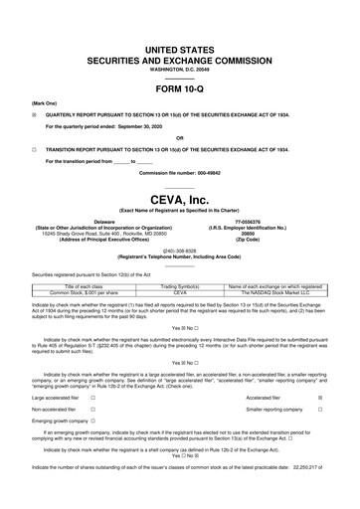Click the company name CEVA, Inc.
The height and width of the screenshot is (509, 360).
[179, 198]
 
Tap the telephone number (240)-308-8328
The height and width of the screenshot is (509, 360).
[179, 249]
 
